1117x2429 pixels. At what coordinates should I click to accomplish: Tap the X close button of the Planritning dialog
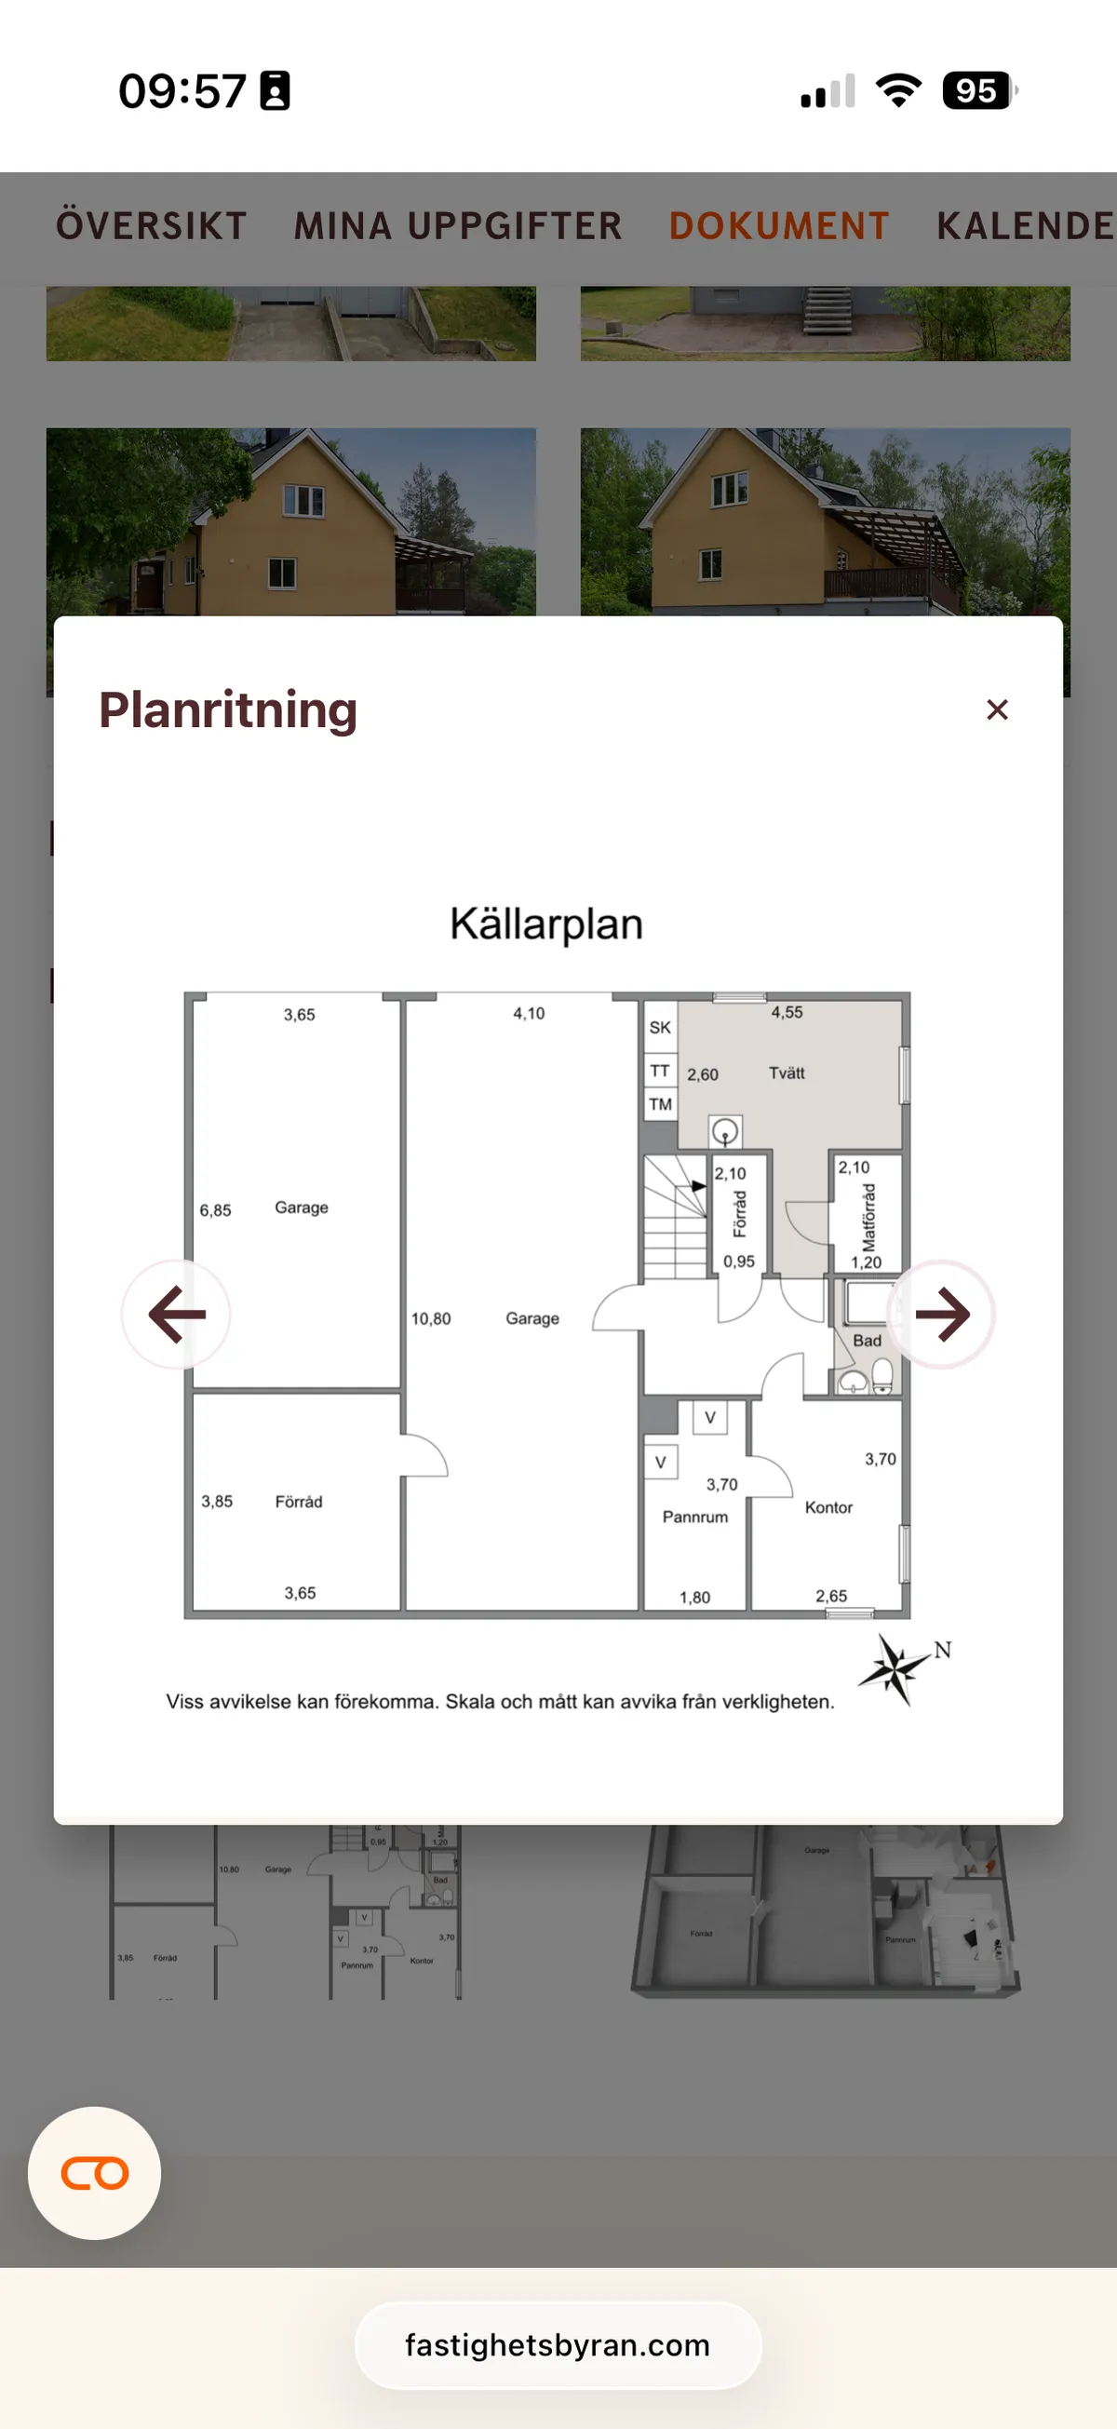(996, 709)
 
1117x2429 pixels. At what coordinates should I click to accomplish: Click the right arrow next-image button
(941, 1314)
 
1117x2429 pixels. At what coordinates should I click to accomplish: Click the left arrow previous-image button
(176, 1314)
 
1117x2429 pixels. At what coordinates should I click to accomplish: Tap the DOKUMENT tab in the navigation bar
(778, 226)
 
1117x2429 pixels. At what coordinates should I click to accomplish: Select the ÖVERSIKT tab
(151, 226)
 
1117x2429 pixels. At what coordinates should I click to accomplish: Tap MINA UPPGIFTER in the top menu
(458, 226)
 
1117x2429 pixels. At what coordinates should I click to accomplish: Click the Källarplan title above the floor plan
(545, 924)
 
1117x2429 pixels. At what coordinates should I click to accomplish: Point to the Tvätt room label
(787, 1073)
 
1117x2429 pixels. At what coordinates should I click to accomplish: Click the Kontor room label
(828, 1507)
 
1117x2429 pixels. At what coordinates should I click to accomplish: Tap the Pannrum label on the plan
(694, 1518)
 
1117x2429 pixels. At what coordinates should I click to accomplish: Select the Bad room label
(867, 1341)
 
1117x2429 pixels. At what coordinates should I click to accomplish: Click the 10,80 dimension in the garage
(431, 1318)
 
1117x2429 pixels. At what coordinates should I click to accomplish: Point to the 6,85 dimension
(215, 1210)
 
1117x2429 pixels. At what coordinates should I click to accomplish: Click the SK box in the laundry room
(660, 1028)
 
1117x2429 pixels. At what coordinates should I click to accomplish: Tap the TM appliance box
(660, 1104)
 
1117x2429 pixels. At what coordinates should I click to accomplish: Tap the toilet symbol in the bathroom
(882, 1376)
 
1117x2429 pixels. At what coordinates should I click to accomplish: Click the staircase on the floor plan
(675, 1217)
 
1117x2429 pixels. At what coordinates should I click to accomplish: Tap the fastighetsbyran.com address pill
(557, 2345)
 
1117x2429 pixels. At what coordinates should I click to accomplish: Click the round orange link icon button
(94, 2173)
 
